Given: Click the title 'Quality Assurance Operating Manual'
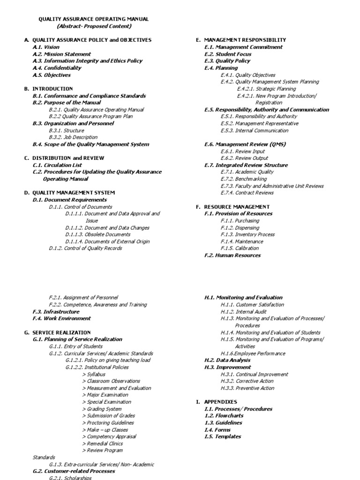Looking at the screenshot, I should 93,19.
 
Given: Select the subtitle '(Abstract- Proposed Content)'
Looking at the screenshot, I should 94,26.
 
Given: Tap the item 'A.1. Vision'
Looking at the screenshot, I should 46,47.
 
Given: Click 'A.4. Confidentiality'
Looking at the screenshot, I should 57,68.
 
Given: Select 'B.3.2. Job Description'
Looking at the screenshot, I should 73,137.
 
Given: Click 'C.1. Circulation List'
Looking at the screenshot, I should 57,165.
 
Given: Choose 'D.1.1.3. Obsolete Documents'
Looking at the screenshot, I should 98,234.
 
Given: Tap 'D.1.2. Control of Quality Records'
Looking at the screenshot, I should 85,248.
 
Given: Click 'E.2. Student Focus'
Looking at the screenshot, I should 228,54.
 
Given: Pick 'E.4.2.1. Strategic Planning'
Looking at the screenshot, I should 266,89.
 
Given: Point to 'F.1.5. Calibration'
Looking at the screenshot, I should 240,248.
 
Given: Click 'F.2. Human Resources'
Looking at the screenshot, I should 232,255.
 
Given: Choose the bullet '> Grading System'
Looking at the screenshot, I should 102,409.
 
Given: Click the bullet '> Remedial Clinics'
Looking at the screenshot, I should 102,443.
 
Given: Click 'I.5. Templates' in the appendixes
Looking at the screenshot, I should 223,436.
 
